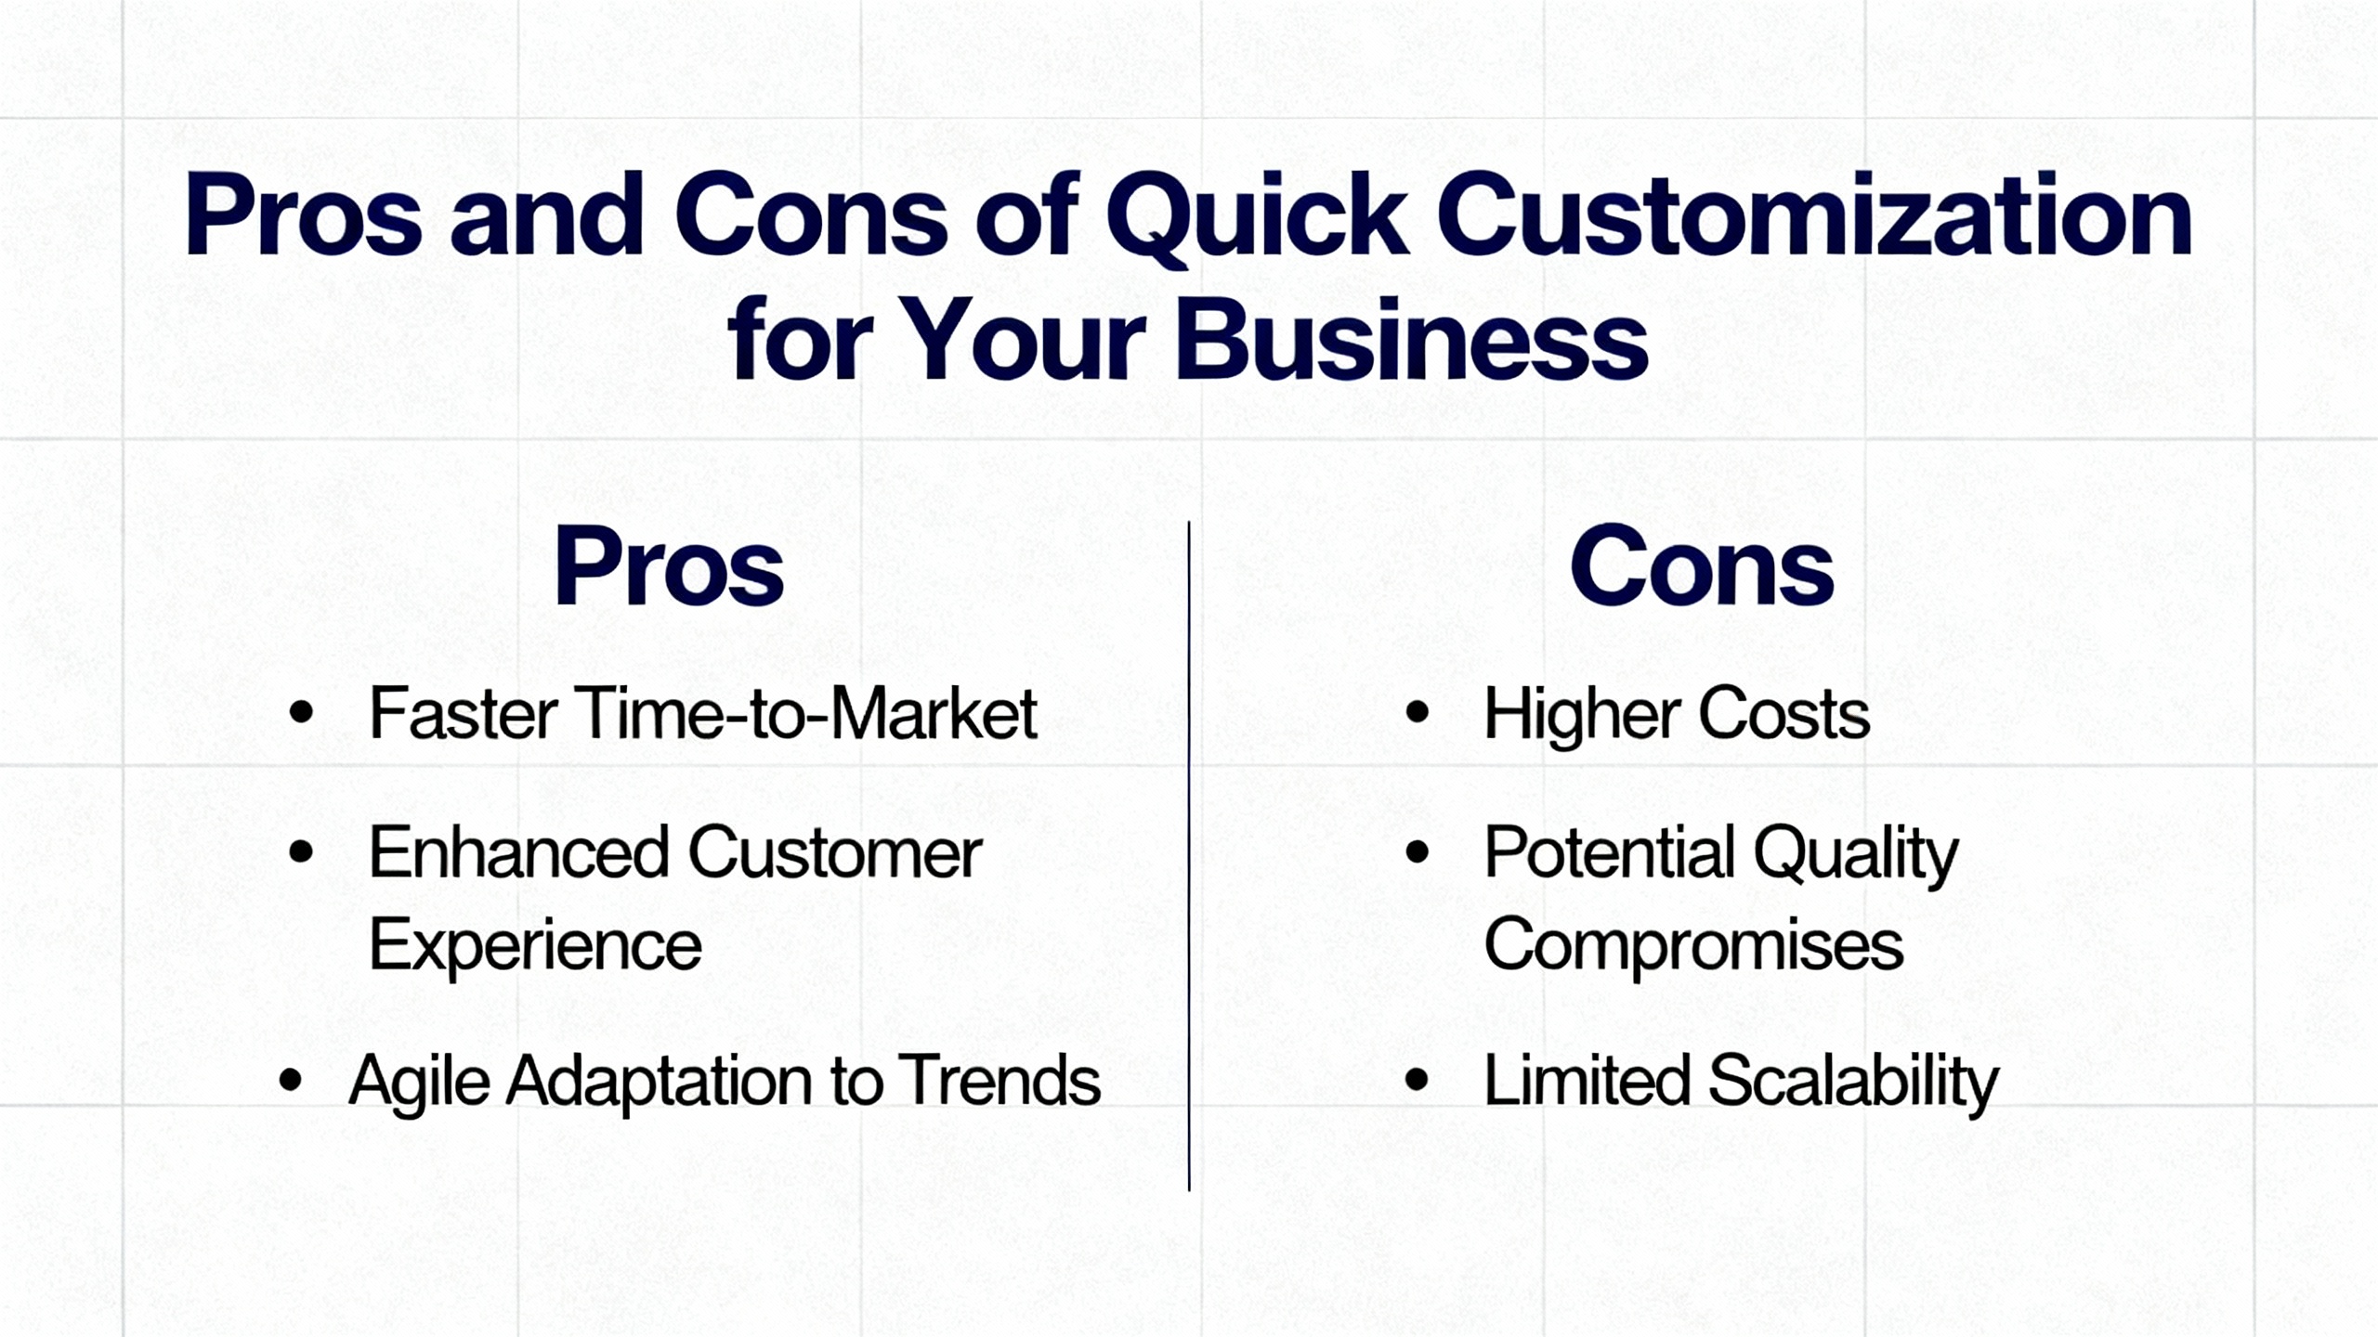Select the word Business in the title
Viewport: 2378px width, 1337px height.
click(1411, 342)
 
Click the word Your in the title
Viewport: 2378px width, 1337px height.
click(1022, 342)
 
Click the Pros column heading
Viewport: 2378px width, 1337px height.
click(668, 566)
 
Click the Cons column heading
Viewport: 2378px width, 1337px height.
click(1702, 566)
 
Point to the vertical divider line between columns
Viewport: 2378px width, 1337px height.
click(1189, 854)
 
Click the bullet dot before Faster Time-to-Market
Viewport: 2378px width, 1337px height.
click(301, 712)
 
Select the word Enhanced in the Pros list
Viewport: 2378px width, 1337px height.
click(518, 852)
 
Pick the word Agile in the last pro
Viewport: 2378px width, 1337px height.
click(419, 1082)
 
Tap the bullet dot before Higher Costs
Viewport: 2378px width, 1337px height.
click(1417, 712)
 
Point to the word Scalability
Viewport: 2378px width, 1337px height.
click(1853, 1082)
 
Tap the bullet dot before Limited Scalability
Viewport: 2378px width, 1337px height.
click(1417, 1080)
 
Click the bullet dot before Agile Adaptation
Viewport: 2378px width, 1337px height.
click(291, 1080)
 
